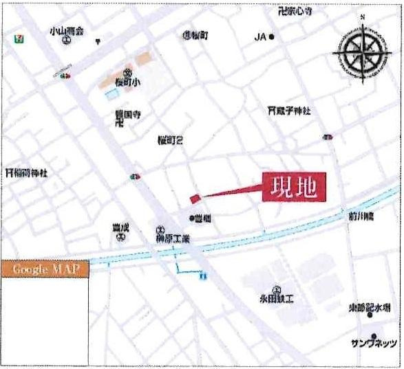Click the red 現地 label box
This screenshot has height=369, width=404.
(293, 187)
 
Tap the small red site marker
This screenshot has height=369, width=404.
(195, 199)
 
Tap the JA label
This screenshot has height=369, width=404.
(260, 36)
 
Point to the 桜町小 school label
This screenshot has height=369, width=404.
(127, 80)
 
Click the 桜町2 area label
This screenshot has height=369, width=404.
(169, 142)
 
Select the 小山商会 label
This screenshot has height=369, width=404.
(66, 31)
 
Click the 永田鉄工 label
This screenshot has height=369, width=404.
(276, 300)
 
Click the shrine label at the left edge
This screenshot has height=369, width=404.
(25, 172)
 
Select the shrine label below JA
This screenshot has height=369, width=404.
(289, 110)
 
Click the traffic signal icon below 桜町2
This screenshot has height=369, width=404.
(136, 177)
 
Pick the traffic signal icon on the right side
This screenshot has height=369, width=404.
(328, 137)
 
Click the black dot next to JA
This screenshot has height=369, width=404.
(273, 37)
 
